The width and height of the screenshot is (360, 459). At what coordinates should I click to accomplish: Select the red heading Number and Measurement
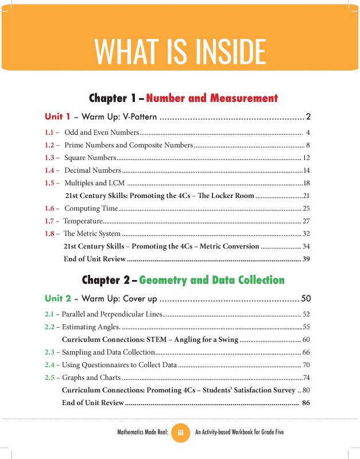pos(212,98)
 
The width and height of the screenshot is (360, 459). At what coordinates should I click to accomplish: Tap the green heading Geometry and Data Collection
pos(211,280)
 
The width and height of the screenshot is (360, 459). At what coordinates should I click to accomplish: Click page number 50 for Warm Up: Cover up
pos(305,299)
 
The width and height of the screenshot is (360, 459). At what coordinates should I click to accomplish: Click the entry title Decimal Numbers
pos(92,170)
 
